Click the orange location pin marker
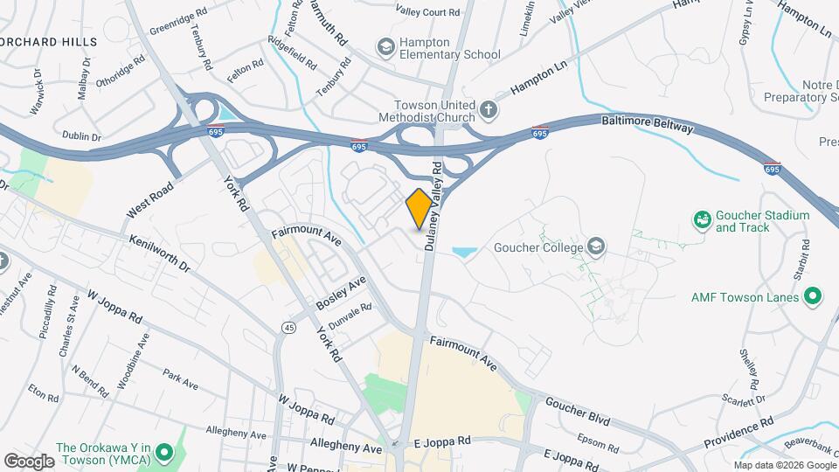point(419,208)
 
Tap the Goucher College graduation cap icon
point(597,246)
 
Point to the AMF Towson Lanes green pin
point(813,297)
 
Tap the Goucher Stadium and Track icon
point(701,219)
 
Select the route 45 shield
point(288,327)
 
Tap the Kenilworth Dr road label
point(159,253)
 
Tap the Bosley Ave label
point(342,296)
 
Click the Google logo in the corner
point(29,460)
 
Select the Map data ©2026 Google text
point(784,464)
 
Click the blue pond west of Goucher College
point(464,253)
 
